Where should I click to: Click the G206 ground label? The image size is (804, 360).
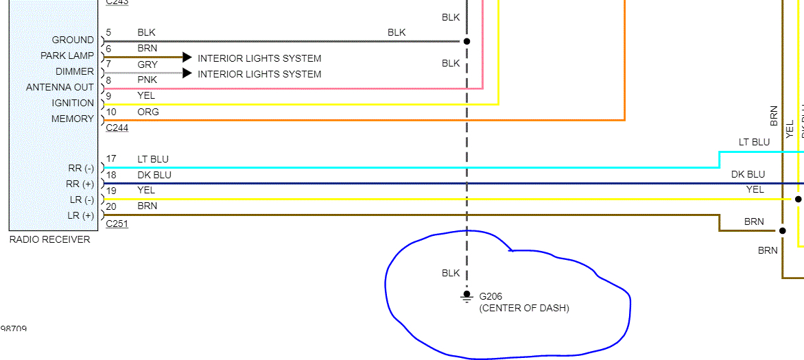[x=490, y=296]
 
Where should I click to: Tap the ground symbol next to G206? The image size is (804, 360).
[x=466, y=297]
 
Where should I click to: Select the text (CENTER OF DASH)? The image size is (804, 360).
[x=524, y=308]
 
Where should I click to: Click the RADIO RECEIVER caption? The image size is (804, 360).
[x=49, y=239]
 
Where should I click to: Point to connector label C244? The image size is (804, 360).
[x=117, y=128]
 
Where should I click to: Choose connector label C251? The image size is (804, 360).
[x=117, y=224]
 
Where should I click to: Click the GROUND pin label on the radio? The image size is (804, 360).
[x=73, y=40]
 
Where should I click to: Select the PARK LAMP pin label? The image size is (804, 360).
[x=67, y=56]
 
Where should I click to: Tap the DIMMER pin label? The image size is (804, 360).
[x=75, y=71]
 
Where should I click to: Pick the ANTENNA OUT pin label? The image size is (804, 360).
[x=60, y=87]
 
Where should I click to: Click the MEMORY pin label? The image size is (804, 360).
[x=73, y=119]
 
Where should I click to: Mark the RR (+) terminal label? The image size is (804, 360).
[x=80, y=184]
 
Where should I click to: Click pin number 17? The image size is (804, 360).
[x=111, y=159]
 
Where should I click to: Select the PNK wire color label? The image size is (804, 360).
[x=147, y=80]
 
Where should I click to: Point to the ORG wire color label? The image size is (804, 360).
[x=148, y=112]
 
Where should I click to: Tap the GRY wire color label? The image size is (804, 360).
[x=147, y=64]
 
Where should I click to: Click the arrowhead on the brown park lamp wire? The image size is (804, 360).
[x=187, y=58]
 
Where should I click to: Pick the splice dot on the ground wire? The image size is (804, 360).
[x=466, y=41]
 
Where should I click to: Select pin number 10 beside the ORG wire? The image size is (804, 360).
[x=111, y=112]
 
